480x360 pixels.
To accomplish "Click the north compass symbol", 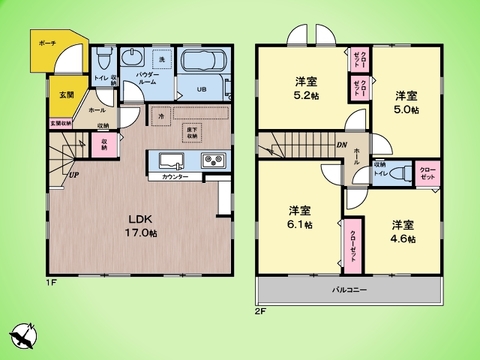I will [x=24, y=335].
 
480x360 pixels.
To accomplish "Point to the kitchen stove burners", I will [x=213, y=160].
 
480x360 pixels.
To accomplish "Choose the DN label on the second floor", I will [x=340, y=148].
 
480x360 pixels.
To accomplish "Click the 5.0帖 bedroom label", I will [x=405, y=101].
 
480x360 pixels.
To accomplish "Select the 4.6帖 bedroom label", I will [x=403, y=231].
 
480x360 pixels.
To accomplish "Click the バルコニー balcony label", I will [x=350, y=291].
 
